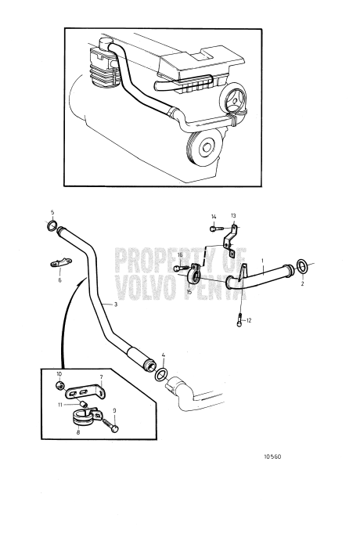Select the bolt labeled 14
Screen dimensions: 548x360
click(214, 229)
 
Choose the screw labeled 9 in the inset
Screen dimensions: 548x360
click(116, 428)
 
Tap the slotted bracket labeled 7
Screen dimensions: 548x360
click(85, 388)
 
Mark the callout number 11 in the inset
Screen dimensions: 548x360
click(59, 404)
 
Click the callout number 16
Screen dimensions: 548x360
click(180, 255)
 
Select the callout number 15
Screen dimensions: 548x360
click(189, 292)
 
